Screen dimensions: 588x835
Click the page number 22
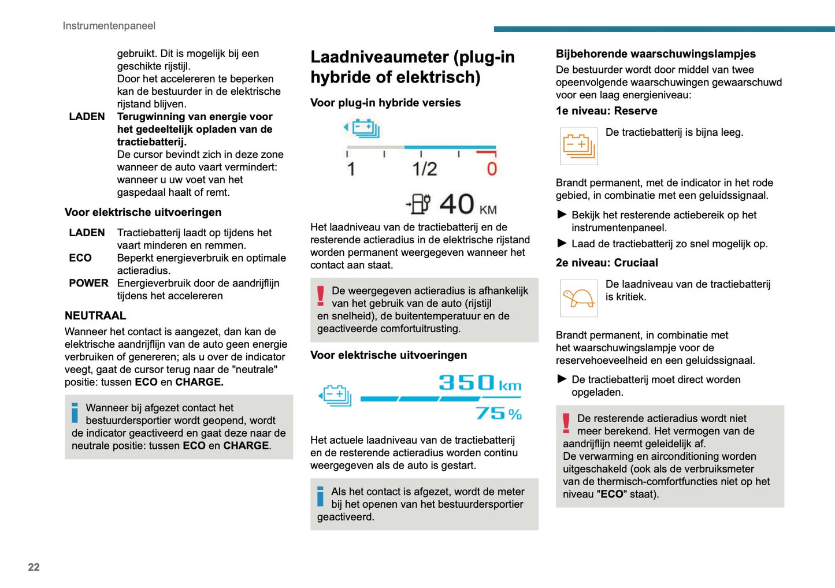pyautogui.click(x=34, y=567)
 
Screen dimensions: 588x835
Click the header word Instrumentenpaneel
pyautogui.click(x=109, y=25)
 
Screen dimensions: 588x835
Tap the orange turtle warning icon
pyautogui.click(x=578, y=298)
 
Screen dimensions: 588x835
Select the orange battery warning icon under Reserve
pyautogui.click(x=578, y=146)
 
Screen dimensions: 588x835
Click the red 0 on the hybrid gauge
pyautogui.click(x=492, y=169)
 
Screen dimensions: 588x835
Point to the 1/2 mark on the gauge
pyautogui.click(x=424, y=169)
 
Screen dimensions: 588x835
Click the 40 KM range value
pyautogui.click(x=467, y=204)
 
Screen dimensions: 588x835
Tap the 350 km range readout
pyautogui.click(x=480, y=383)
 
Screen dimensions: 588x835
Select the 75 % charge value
pyautogui.click(x=498, y=414)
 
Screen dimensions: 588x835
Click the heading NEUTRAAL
pyautogui.click(x=95, y=315)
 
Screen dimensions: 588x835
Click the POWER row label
pyautogui.click(x=88, y=283)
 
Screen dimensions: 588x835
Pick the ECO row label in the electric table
pyautogui.click(x=80, y=258)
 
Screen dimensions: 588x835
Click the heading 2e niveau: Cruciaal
pyautogui.click(x=607, y=263)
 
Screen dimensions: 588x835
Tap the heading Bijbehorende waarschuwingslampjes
pyautogui.click(x=655, y=54)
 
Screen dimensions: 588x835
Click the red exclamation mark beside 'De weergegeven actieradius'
pyautogui.click(x=321, y=296)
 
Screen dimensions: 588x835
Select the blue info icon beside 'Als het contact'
pyautogui.click(x=320, y=497)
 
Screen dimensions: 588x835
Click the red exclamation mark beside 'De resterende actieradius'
pyautogui.click(x=566, y=423)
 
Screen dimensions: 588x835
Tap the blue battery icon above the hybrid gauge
pyautogui.click(x=363, y=128)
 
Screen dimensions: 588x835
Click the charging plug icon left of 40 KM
pyautogui.click(x=418, y=204)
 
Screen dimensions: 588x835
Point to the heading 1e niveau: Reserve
pyautogui.click(x=606, y=111)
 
